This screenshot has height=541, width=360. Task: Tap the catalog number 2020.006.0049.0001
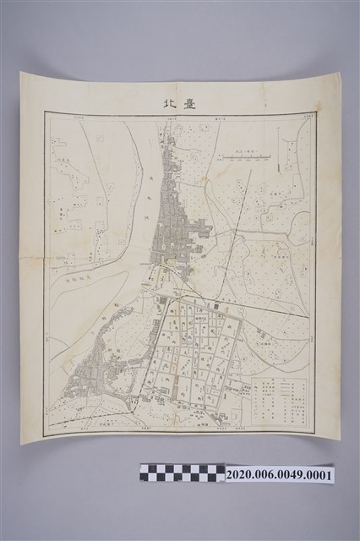[x=279, y=475]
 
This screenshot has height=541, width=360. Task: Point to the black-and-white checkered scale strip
[x=182, y=473]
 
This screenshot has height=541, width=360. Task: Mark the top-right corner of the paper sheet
[x=339, y=74]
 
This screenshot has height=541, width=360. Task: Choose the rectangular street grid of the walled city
[x=199, y=351]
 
